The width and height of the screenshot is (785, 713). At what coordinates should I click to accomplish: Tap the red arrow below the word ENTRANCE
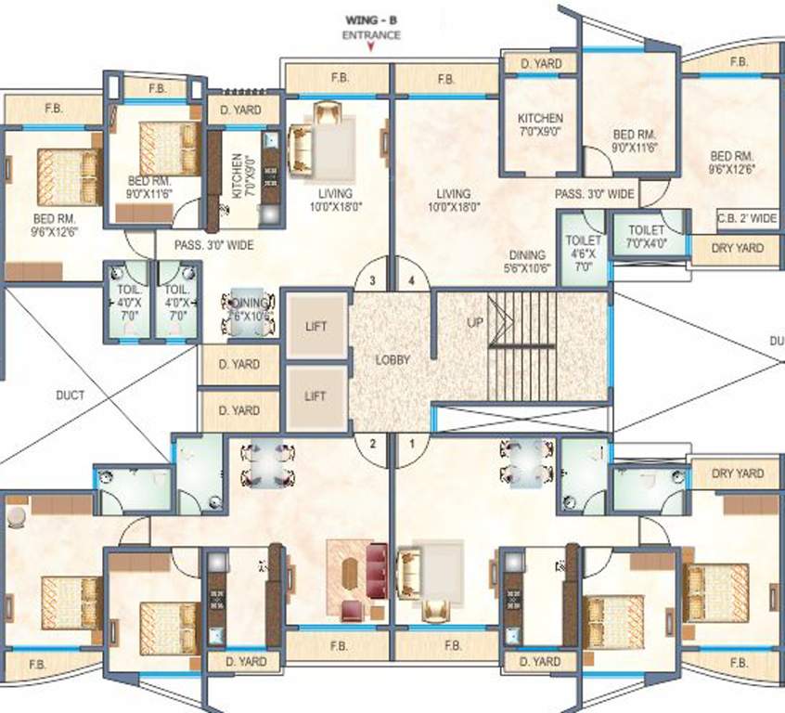pyautogui.click(x=371, y=50)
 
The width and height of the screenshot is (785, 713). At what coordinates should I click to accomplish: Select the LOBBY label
pyautogui.click(x=392, y=359)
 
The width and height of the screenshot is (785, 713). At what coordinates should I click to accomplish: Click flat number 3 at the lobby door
pyautogui.click(x=371, y=279)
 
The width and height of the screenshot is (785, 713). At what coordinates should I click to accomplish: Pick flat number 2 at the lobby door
pyautogui.click(x=372, y=443)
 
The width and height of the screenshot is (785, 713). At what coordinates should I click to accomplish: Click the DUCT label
pyautogui.click(x=70, y=395)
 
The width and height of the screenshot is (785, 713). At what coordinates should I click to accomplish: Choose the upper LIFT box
pyautogui.click(x=315, y=327)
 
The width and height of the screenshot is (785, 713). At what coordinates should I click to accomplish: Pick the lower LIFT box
pyautogui.click(x=315, y=396)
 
